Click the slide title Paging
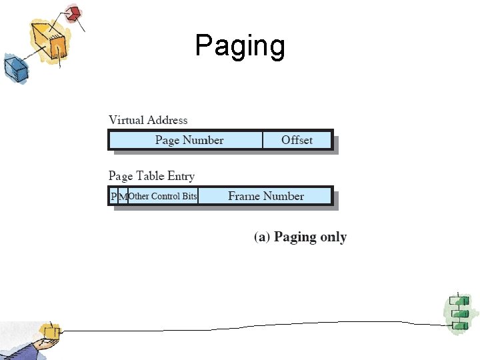click(240, 46)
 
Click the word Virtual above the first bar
click(126, 120)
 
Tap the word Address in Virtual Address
click(167, 120)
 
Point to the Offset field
click(297, 140)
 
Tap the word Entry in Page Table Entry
click(181, 176)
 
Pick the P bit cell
click(113, 196)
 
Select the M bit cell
click(123, 196)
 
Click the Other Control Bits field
click(163, 196)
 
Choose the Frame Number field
click(265, 196)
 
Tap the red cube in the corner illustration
click(73, 13)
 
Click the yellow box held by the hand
click(50, 331)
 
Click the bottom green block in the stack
click(459, 325)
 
